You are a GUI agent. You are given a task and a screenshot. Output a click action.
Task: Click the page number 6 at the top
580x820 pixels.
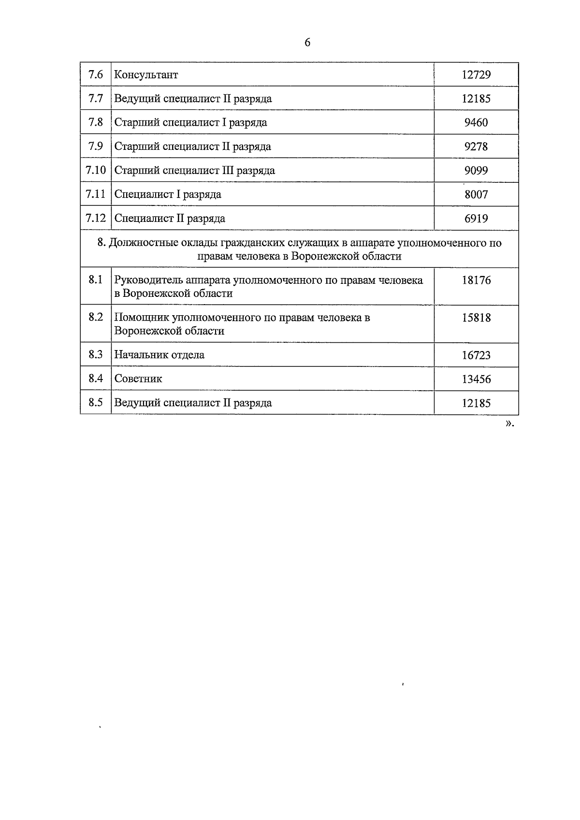coord(307,43)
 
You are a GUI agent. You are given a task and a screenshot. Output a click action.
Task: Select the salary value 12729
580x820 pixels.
coord(476,75)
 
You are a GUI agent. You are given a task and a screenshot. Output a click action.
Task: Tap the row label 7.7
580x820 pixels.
coord(96,99)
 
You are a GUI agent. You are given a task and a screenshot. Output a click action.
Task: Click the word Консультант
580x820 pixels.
coord(146,75)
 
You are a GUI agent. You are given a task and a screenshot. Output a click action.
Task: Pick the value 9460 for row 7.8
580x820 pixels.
coord(476,123)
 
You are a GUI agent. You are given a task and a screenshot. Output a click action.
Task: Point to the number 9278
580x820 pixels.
coord(476,146)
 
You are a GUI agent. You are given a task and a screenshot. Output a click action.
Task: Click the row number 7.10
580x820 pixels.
coord(96,170)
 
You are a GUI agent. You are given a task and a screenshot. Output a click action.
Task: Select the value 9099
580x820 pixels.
coord(476,171)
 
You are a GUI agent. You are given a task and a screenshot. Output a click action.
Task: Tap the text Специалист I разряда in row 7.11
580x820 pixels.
coord(168,194)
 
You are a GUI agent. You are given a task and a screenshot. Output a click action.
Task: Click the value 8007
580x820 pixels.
coord(476,195)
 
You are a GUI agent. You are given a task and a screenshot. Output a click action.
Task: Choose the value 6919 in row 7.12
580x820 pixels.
coord(476,219)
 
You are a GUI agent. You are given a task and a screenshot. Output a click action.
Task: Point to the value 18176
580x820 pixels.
coord(476,280)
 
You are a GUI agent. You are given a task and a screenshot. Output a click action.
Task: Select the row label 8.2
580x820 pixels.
coord(96,317)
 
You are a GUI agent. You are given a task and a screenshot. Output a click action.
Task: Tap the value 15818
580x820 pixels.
coord(476,318)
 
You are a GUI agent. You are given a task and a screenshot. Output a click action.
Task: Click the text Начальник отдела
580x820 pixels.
coord(159,355)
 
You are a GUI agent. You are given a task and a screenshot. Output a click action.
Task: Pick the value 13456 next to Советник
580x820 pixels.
coord(476,380)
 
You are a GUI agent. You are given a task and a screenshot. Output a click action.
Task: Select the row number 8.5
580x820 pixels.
coord(96,403)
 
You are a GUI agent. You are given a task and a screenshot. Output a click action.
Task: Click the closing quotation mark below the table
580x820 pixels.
coord(509,424)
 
